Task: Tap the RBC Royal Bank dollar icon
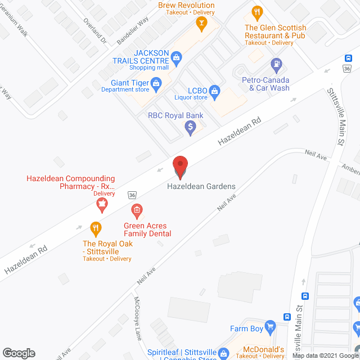point(191,128)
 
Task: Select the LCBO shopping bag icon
point(214,91)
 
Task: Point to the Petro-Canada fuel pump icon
point(276,65)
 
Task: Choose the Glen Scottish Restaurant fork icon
point(257,12)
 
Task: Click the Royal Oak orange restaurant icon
point(96,228)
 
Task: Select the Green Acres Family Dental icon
point(136,211)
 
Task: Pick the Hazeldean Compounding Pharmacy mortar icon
point(102,206)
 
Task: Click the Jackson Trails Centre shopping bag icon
point(177,56)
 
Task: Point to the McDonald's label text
point(251,348)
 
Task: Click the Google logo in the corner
point(18,353)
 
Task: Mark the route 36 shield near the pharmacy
point(132,194)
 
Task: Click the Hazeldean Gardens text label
point(201,187)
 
